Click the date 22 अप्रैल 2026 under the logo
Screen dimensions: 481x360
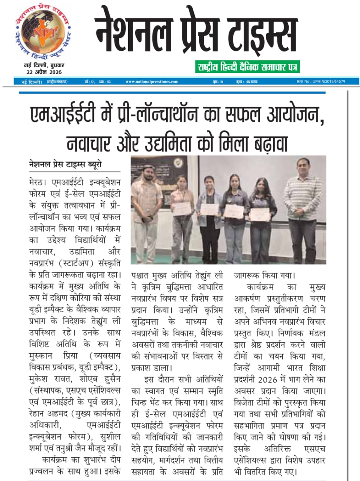(44, 72)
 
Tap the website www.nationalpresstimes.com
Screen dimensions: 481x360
(152, 82)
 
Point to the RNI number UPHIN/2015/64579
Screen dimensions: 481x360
(321, 81)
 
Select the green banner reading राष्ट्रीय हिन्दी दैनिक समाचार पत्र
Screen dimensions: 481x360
(247, 67)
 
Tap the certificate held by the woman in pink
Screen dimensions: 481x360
(182, 208)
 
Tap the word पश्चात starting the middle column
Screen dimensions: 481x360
(143, 275)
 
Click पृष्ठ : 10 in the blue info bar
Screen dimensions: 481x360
(218, 82)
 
